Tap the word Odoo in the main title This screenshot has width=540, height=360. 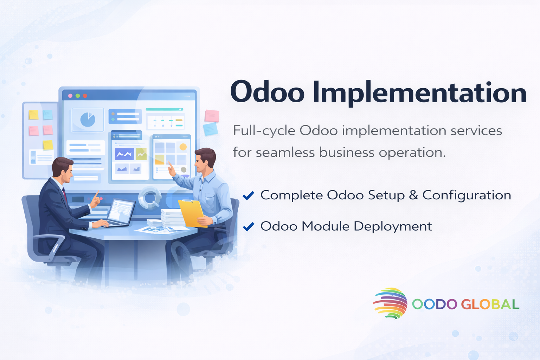(x=267, y=92)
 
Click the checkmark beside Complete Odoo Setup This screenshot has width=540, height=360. (x=248, y=195)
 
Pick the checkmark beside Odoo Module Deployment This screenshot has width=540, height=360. (x=248, y=226)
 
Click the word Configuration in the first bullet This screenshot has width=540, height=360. (x=467, y=195)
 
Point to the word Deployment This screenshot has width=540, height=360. (x=393, y=227)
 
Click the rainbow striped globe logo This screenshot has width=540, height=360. (x=390, y=303)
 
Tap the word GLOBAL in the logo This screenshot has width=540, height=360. (x=490, y=304)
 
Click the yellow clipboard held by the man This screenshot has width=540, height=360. (x=192, y=213)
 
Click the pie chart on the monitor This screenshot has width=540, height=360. (x=88, y=120)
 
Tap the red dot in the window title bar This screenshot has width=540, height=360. (x=85, y=96)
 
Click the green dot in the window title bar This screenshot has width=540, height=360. (x=78, y=96)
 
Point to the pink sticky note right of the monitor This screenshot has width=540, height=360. (x=212, y=116)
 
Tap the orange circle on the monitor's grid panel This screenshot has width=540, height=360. (x=183, y=147)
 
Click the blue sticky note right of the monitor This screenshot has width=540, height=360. (x=211, y=129)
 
